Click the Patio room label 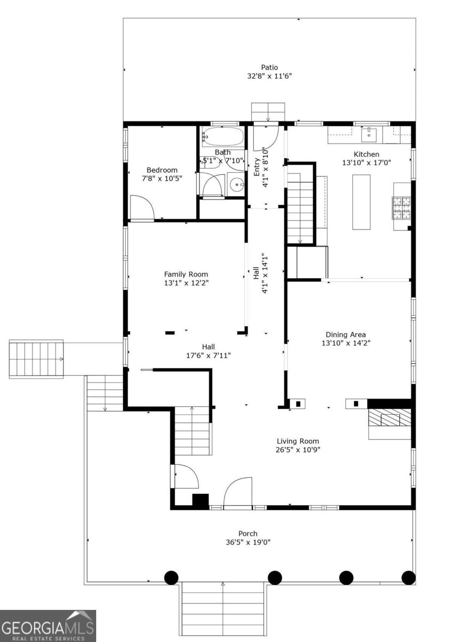click(269, 67)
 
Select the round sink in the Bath click(235, 185)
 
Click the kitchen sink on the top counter click(369, 135)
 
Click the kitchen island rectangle click(361, 201)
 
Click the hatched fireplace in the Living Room click(389, 418)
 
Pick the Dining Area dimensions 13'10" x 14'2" click(346, 343)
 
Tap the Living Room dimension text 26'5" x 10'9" click(298, 449)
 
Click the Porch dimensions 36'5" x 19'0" click(248, 542)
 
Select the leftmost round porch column click(171, 577)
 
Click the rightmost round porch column click(408, 577)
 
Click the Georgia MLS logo click(48, 626)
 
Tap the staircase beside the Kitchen click(300, 209)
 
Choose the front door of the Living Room click(238, 492)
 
